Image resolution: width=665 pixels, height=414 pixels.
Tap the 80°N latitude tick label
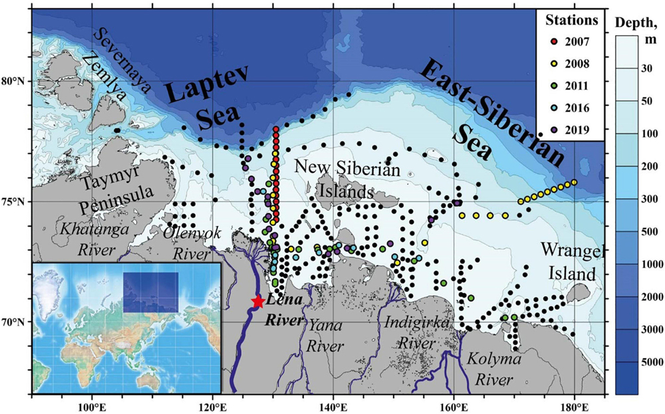[x=15, y=81]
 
